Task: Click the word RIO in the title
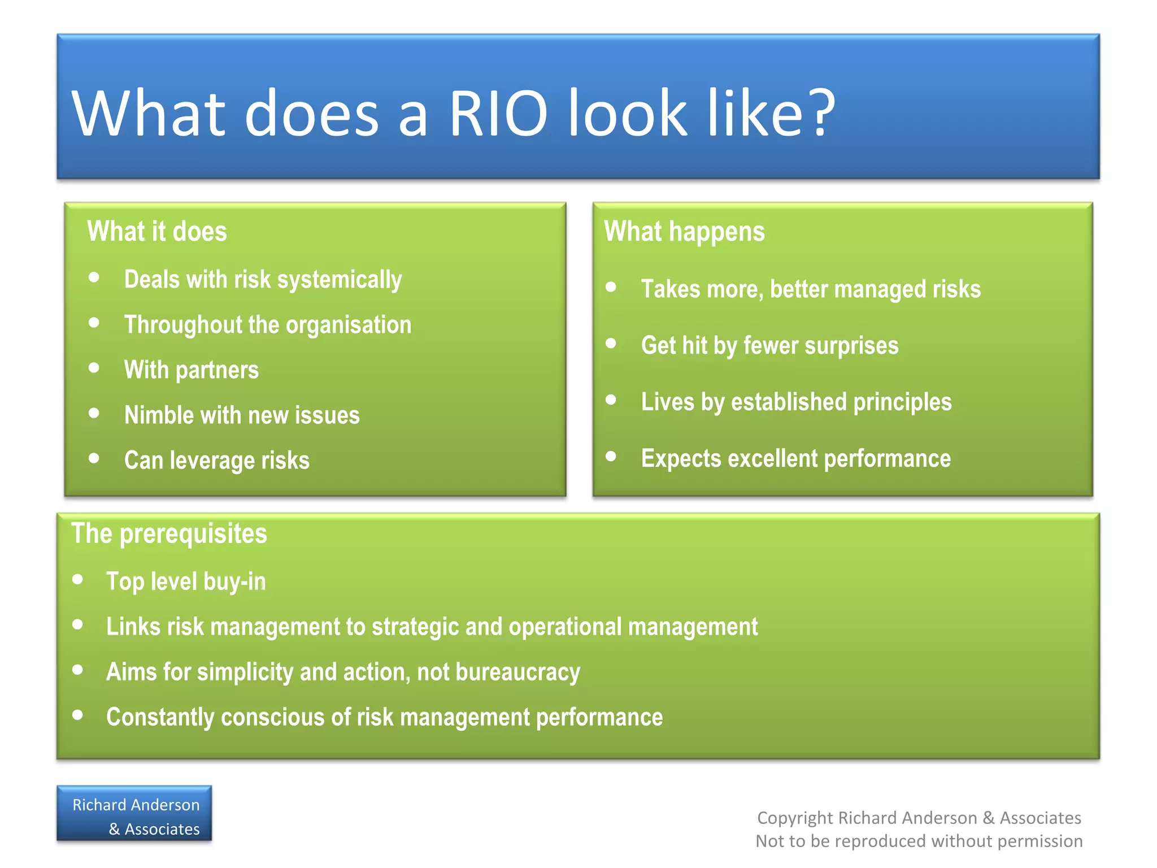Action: (x=498, y=113)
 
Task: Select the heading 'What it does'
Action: (x=157, y=231)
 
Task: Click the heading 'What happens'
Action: (x=684, y=231)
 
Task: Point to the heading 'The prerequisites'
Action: (x=169, y=533)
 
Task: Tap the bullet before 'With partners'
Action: (x=94, y=368)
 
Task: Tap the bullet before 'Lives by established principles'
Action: (x=611, y=400)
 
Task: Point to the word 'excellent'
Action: (x=772, y=458)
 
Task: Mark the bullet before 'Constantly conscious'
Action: (x=78, y=715)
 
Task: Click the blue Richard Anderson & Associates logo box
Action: (x=134, y=814)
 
